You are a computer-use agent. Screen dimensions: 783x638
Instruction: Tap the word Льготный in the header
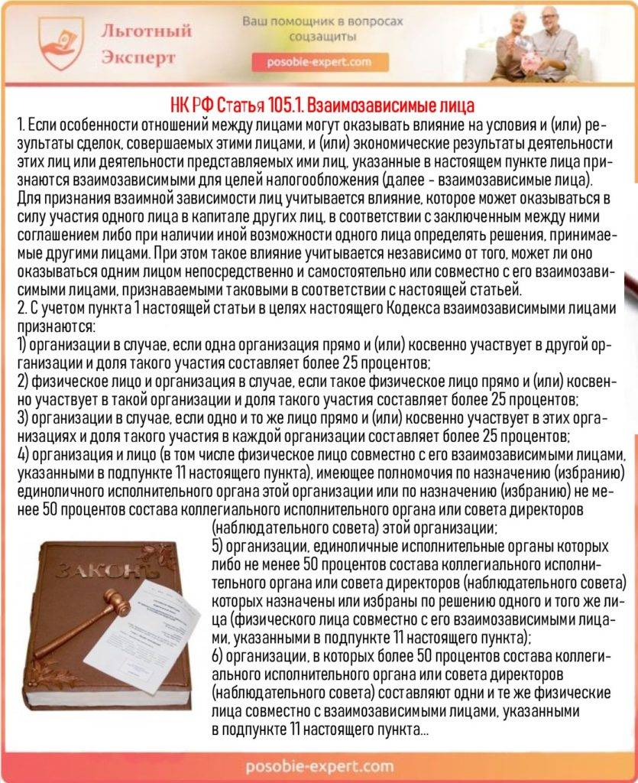(146, 32)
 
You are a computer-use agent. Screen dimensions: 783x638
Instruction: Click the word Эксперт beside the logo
(138, 58)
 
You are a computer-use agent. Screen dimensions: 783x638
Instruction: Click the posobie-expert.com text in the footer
(320, 765)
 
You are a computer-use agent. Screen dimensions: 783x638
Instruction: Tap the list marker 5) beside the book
(217, 547)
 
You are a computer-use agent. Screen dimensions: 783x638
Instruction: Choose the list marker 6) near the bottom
(217, 659)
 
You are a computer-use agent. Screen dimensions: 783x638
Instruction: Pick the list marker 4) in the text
(23, 454)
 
